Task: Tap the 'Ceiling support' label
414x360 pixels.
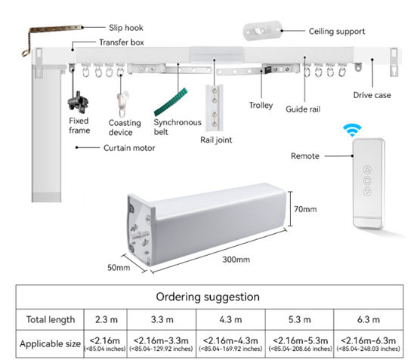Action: (x=317, y=32)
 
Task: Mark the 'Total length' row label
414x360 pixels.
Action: (x=47, y=319)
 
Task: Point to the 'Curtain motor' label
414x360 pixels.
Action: (x=129, y=148)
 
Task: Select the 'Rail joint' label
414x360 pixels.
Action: (x=215, y=139)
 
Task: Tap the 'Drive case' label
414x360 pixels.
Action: (x=372, y=95)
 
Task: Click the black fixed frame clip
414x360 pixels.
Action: (x=76, y=100)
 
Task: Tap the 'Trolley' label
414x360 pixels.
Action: (x=261, y=106)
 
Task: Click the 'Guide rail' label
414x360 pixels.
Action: (x=303, y=109)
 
